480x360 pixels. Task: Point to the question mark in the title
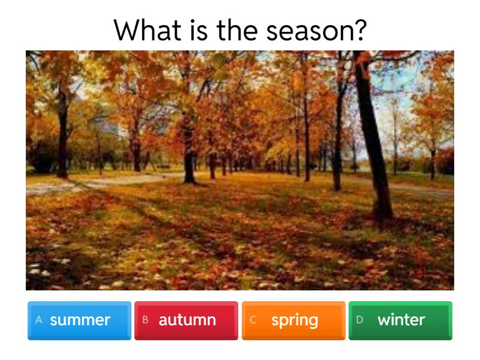[x=359, y=30]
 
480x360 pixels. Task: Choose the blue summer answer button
[x=79, y=320]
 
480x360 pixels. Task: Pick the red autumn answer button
[x=186, y=320]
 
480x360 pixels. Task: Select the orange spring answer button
[x=293, y=320]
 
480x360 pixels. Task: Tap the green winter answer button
[x=400, y=320]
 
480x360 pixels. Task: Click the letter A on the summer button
[x=39, y=320]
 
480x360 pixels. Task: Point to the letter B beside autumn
[x=145, y=320]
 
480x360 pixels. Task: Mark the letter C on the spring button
[x=253, y=320]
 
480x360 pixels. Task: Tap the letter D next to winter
[x=359, y=320]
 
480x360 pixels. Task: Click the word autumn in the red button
[x=187, y=320]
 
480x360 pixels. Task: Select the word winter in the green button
[x=401, y=320]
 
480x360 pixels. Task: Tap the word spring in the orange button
[x=295, y=320]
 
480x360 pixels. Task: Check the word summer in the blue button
[x=80, y=320]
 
